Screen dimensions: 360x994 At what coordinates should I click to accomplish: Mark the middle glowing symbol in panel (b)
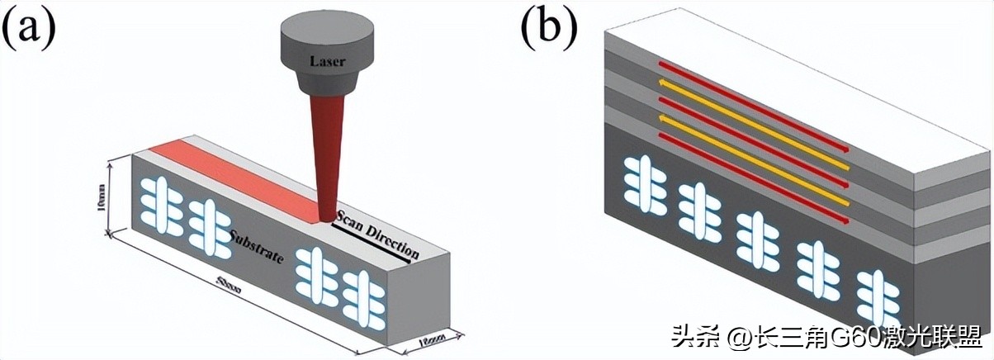coord(756,239)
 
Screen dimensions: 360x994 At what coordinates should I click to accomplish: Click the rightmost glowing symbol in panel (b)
coord(875,297)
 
